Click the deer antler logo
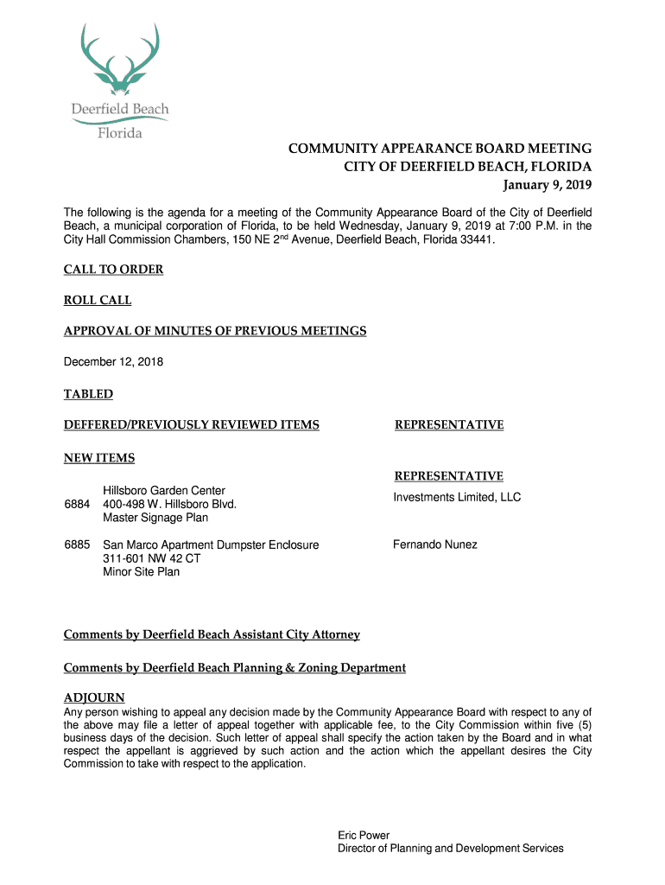tap(119, 59)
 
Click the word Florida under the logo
tap(119, 133)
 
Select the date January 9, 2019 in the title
tap(548, 185)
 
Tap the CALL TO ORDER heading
tap(113, 270)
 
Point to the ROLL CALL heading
tap(98, 301)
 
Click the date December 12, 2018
tap(113, 362)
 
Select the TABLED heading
tap(88, 394)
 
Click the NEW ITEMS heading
tap(99, 458)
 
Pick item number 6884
tap(77, 504)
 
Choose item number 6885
tap(77, 544)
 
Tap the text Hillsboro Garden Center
tap(164, 491)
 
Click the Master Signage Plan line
tap(155, 518)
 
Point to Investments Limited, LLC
tap(457, 498)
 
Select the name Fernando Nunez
tap(435, 544)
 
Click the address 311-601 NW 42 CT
tap(152, 558)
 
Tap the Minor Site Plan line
tap(142, 572)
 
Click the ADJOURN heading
tap(94, 697)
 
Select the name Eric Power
tap(363, 835)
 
